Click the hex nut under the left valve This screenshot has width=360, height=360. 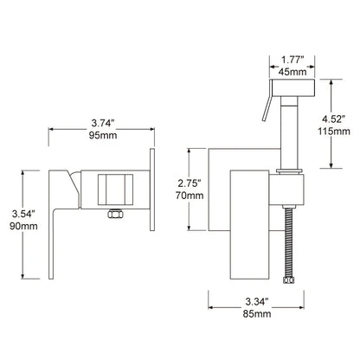coord(113,214)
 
